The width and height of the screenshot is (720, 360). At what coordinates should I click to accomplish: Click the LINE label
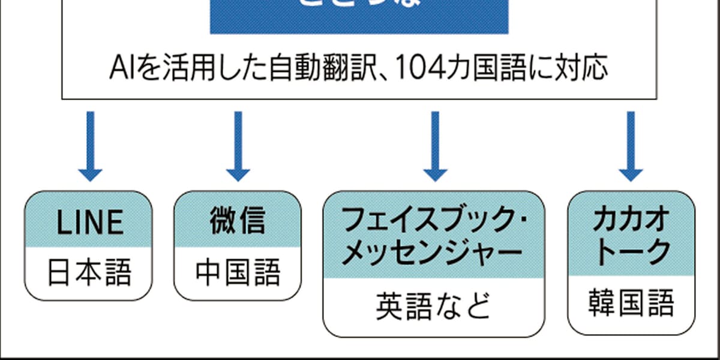pyautogui.click(x=90, y=223)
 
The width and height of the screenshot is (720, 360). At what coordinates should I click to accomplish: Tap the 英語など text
pyautogui.click(x=432, y=306)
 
